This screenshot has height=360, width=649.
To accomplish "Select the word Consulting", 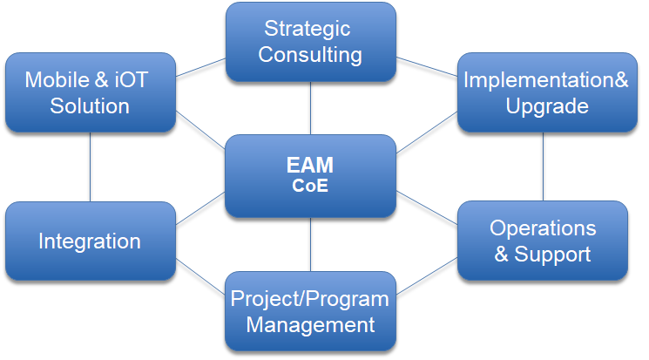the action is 310,55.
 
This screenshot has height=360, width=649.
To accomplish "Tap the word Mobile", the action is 57,79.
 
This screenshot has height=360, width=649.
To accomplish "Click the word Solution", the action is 90,106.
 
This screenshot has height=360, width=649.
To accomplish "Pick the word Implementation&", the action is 546,79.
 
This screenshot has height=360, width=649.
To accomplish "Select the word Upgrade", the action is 547,106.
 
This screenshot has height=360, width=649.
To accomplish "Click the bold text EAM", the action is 310,165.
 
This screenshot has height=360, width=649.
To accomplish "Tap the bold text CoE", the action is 310,186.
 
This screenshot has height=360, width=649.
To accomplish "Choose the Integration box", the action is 91,241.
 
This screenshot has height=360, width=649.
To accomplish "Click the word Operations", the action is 543,228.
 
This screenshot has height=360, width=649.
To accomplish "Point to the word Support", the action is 552,255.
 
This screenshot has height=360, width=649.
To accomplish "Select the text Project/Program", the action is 309,299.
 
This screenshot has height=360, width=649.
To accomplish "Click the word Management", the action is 310,325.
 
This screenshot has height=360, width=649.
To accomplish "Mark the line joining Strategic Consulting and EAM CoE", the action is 310,108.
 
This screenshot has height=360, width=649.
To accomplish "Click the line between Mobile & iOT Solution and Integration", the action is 91,167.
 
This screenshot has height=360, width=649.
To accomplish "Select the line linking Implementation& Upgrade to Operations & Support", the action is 543,166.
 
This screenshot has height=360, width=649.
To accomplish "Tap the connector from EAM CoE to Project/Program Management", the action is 310,245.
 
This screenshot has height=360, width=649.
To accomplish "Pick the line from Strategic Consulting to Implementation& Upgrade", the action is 427,67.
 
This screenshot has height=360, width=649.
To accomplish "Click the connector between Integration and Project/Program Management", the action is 200,276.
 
